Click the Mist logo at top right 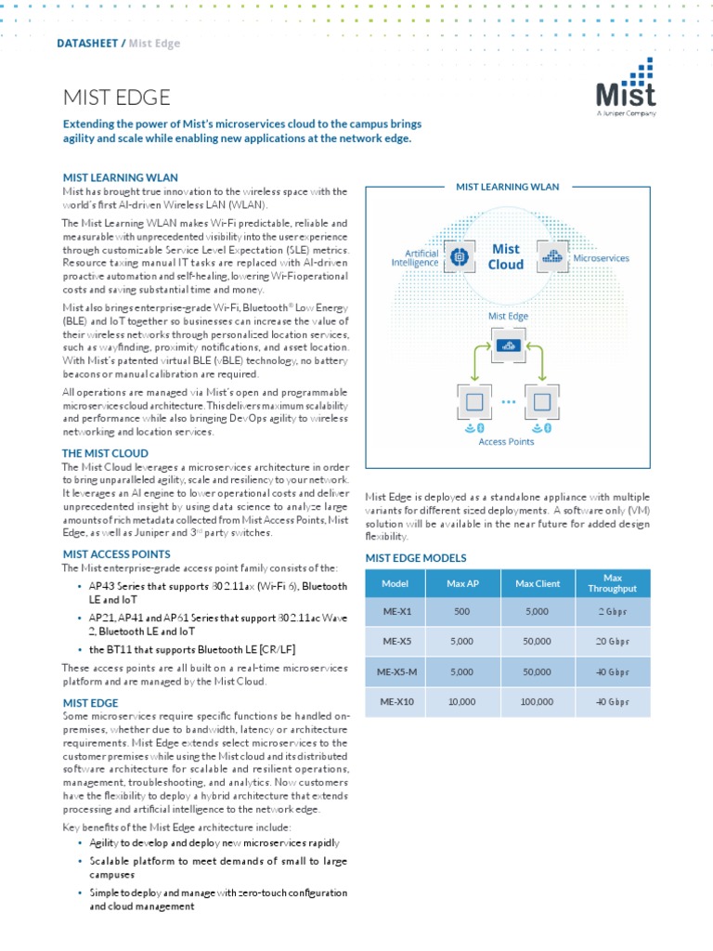(625, 88)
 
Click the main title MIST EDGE (116, 98)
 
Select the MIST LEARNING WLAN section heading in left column (120, 177)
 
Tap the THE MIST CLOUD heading (105, 452)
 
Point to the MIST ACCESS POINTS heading (116, 554)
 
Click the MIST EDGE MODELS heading (415, 558)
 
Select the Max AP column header (460, 583)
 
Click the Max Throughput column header (613, 583)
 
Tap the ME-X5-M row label (395, 671)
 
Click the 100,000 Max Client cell (537, 702)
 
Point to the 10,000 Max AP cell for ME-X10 (460, 702)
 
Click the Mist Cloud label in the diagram (506, 256)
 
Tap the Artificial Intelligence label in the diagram (414, 257)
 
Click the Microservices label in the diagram (601, 258)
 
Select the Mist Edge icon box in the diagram (507, 346)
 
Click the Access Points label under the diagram (506, 442)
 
